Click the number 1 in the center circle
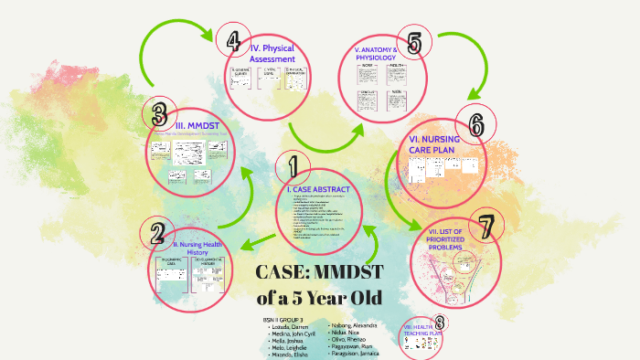[x=293, y=167]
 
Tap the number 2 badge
[x=157, y=234]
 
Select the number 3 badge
[x=159, y=115]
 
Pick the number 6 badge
[x=475, y=123]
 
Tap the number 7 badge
[x=485, y=225]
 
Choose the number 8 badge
[x=440, y=322]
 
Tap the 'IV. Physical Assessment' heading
[x=272, y=53]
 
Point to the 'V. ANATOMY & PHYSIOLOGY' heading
[x=379, y=54]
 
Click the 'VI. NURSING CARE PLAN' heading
[x=434, y=144]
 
